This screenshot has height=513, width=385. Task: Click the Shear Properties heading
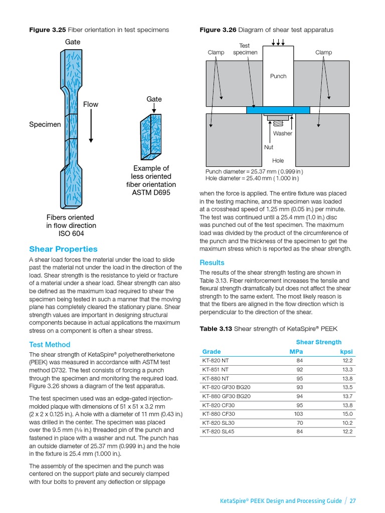63,249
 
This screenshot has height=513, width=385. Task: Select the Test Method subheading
50,345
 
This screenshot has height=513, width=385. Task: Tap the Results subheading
212,263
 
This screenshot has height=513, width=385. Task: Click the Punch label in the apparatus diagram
278,76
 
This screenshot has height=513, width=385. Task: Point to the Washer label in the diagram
282,133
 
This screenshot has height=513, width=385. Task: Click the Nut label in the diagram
269,147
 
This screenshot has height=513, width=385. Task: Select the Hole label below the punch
278,161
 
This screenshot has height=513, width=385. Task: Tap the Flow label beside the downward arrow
91,104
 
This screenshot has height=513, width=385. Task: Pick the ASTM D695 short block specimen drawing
152,134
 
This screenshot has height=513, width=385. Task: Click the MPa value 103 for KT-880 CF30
297,414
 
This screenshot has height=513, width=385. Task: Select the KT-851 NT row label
216,369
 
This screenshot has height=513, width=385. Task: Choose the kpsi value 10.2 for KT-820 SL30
348,422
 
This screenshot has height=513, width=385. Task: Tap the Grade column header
211,351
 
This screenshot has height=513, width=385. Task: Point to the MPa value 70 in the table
299,422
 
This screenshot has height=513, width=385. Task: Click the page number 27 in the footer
352,500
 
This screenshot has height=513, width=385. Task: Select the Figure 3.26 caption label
217,30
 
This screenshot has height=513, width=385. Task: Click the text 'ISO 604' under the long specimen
70,233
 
